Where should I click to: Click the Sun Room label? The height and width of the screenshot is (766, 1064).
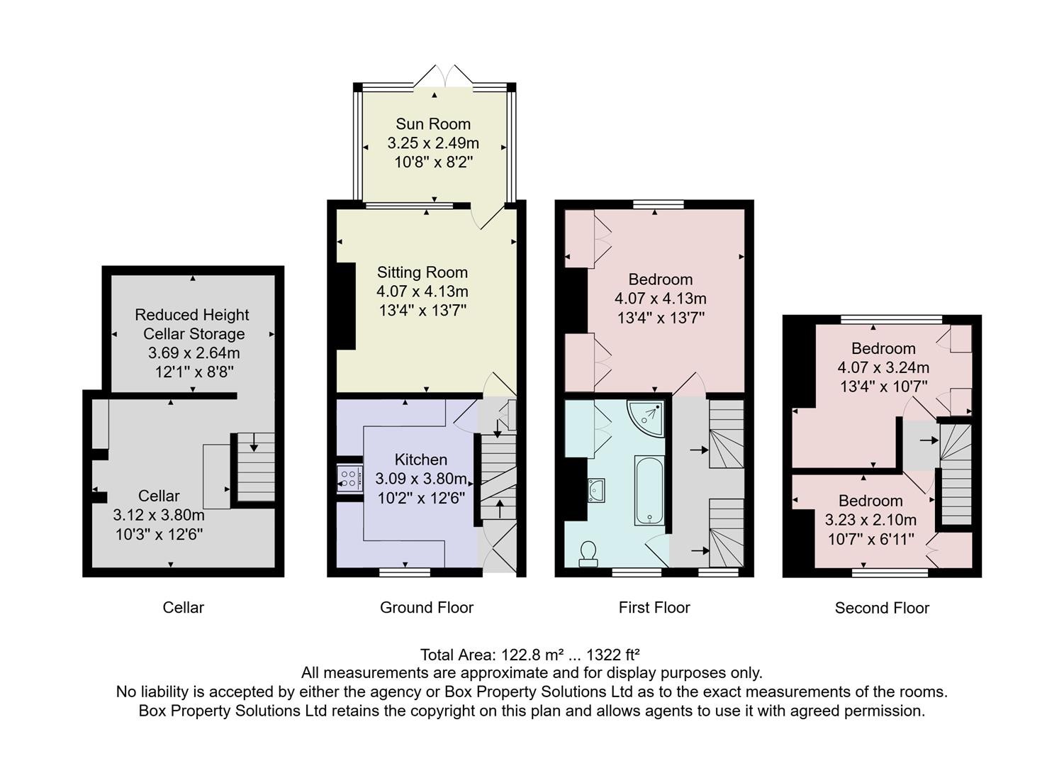tap(432, 124)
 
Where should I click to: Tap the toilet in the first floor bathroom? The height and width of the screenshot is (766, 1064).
tap(588, 554)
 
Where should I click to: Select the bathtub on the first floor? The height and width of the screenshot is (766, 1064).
tap(649, 490)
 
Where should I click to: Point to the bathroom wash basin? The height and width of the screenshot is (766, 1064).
tap(595, 490)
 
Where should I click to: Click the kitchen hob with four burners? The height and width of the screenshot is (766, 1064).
tap(349, 478)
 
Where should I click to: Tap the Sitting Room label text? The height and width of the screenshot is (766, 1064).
tap(422, 272)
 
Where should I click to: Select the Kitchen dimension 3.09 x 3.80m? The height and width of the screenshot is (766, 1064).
tap(421, 479)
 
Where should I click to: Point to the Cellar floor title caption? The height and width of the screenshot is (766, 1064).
tap(184, 608)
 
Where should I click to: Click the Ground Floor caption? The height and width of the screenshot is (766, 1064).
tap(427, 608)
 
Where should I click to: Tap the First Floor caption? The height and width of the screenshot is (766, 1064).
tap(654, 608)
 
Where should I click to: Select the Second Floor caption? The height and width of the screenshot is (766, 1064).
tap(882, 609)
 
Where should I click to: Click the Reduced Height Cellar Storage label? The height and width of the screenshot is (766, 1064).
tap(192, 324)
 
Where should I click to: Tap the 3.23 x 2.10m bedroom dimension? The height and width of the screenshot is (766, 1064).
tap(870, 520)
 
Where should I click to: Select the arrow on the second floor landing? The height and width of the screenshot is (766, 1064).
tap(929, 440)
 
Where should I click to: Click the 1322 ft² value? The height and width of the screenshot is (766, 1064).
tap(612, 655)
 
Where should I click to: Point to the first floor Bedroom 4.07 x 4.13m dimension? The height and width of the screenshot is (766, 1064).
tap(660, 299)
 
